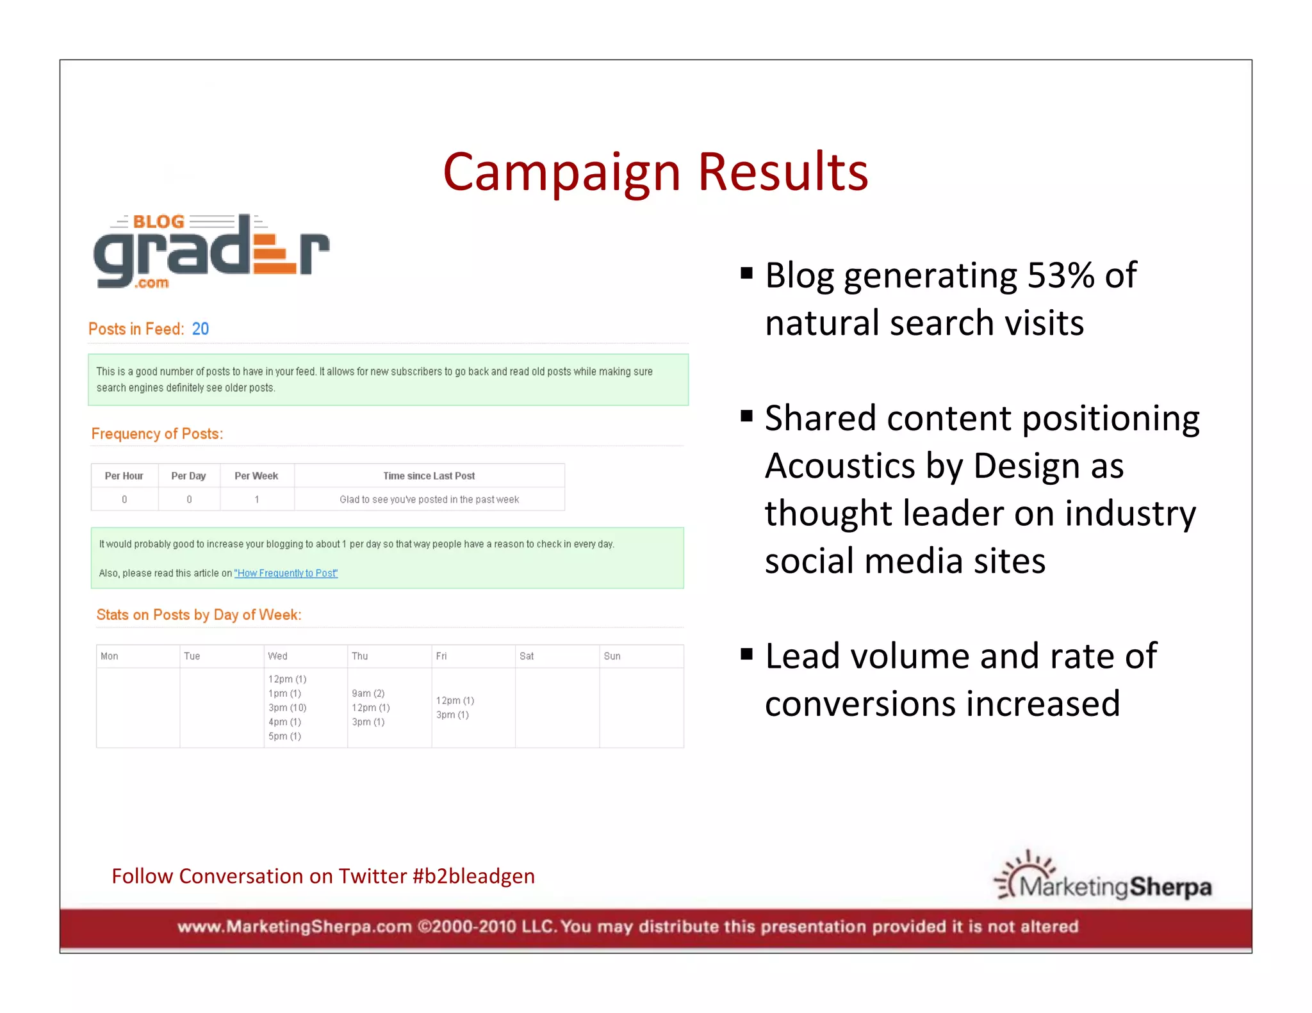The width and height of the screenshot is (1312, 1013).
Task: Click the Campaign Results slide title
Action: click(655, 172)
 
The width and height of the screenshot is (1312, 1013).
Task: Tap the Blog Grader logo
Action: click(211, 252)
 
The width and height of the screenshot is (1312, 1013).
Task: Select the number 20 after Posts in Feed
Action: click(201, 329)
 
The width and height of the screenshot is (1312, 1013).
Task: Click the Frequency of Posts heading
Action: click(157, 434)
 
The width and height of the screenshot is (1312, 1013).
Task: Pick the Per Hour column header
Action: click(124, 476)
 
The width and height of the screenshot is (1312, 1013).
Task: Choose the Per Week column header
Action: click(256, 476)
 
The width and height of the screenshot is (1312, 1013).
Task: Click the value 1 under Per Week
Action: click(257, 499)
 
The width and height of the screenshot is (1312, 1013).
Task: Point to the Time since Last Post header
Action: click(429, 476)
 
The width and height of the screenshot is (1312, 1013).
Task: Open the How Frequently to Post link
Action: click(286, 573)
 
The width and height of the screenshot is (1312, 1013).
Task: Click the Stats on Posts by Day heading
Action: click(199, 615)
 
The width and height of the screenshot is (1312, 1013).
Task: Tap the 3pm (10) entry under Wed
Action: click(287, 708)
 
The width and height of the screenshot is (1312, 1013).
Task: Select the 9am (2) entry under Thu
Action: click(368, 693)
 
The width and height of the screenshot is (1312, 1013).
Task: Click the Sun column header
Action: click(612, 656)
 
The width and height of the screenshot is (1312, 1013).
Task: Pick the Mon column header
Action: click(110, 656)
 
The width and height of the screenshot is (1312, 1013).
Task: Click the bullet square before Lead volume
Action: click(746, 654)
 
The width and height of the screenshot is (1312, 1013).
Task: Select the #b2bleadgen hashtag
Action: click(473, 876)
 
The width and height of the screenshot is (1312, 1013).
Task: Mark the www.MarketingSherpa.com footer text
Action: click(294, 927)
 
